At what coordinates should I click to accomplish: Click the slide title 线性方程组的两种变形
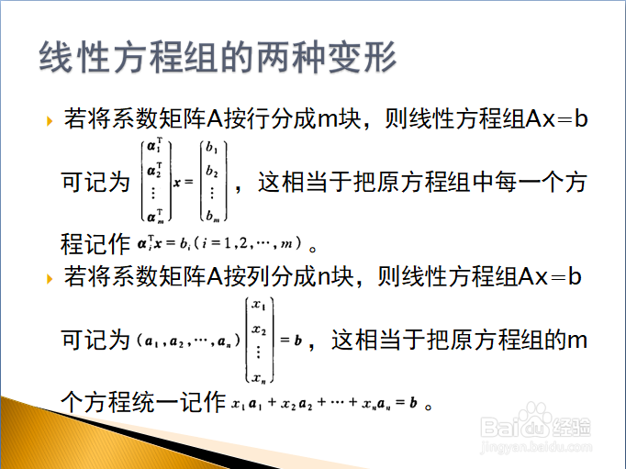[x=218, y=57]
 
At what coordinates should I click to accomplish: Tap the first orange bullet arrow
[x=50, y=120]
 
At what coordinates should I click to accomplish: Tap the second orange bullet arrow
[x=50, y=278]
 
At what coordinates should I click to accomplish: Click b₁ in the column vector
[x=212, y=148]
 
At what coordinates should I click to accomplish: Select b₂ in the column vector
[x=212, y=171]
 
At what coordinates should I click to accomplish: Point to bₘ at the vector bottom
[x=212, y=216]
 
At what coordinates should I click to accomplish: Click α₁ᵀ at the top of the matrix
[x=155, y=145]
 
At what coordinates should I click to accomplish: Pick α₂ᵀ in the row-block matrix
[x=155, y=170]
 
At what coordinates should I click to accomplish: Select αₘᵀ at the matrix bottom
[x=155, y=216]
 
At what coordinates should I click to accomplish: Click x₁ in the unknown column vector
[x=258, y=305]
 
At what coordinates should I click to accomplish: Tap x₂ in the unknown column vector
[x=259, y=329]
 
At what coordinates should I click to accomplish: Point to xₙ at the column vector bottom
[x=259, y=377]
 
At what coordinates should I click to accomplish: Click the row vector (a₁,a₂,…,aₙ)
[x=188, y=341]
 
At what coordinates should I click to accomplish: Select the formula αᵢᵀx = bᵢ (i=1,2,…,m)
[x=219, y=242]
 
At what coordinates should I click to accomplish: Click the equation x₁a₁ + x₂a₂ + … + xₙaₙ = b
[x=324, y=403]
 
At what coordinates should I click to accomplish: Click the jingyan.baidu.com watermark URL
[x=536, y=447]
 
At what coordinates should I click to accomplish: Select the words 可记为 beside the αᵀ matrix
[x=95, y=182]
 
